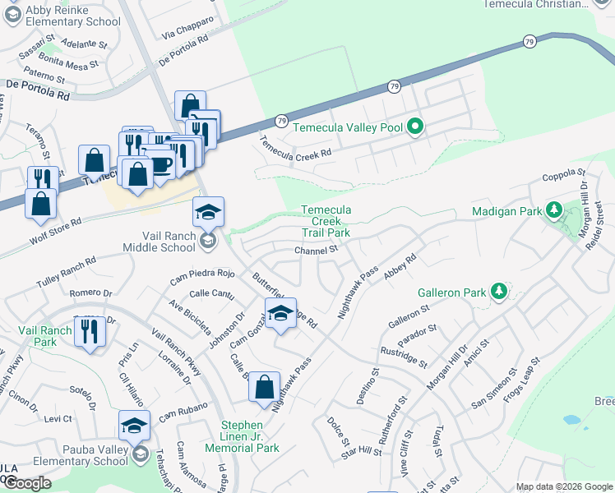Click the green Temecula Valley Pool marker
(416, 127)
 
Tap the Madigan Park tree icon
(554, 210)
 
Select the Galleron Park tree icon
(497, 291)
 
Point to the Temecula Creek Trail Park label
(326, 222)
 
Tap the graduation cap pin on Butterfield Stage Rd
(280, 314)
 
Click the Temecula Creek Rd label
(295, 147)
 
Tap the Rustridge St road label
(404, 357)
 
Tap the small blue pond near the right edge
(571, 420)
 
